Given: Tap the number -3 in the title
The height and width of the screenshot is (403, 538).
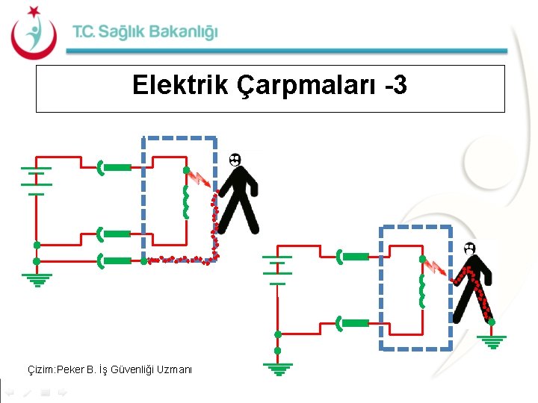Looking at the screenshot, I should point(392,86).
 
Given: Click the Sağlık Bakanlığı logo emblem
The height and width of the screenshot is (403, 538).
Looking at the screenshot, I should point(33,33).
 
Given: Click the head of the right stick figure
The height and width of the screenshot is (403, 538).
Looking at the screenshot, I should point(469,249).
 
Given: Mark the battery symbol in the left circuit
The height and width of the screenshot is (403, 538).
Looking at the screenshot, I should point(35,180).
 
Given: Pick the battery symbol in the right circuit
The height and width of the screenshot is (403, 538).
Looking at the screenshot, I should point(277,269).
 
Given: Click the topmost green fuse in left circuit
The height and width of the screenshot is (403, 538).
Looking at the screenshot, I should point(113,168).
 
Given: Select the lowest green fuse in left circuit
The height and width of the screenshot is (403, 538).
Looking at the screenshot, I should point(113,261).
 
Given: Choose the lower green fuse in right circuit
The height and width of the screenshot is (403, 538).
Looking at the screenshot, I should point(353,323).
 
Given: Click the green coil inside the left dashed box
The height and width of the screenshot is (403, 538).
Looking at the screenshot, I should point(185,201).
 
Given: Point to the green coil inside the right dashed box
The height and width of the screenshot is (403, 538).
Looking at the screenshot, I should point(421,290).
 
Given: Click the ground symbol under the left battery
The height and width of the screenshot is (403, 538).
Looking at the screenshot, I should point(36,279).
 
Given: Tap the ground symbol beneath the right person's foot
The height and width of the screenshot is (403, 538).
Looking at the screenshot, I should point(491,341).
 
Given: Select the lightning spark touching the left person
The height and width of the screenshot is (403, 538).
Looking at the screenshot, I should point(200,179).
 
